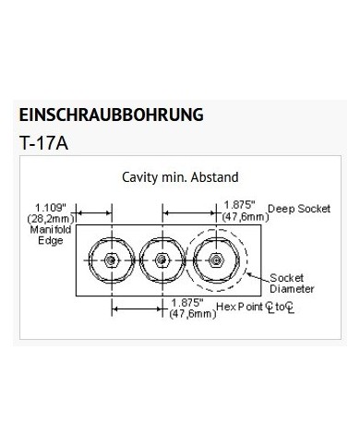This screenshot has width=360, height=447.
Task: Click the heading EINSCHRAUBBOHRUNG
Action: pyautogui.click(x=111, y=115)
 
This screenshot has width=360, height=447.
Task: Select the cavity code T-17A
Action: pyautogui.click(x=43, y=143)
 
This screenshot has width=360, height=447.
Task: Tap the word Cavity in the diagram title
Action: pyautogui.click(x=139, y=177)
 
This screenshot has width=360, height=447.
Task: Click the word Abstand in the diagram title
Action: pyautogui.click(x=214, y=177)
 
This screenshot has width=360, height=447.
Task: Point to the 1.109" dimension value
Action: pyautogui.click(x=51, y=208)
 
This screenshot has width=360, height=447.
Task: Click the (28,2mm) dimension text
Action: pyautogui.click(x=51, y=219)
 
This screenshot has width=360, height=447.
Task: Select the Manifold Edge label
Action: pyautogui.click(x=51, y=235)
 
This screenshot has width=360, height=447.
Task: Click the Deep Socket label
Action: pyautogui.click(x=299, y=209)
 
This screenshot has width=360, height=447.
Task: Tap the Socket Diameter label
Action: pyautogui.click(x=292, y=284)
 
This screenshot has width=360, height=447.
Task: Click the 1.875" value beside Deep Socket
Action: pyautogui.click(x=240, y=205)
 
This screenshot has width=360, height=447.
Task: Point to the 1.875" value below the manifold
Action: pyautogui.click(x=187, y=303)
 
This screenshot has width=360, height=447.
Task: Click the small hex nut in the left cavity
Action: pyautogui.click(x=111, y=260)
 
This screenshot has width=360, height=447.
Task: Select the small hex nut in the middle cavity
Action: pyautogui.click(x=162, y=260)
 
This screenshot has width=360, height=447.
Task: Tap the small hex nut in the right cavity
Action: pyautogui.click(x=216, y=260)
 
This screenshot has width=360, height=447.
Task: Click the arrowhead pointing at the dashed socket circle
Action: pyautogui.click(x=249, y=273)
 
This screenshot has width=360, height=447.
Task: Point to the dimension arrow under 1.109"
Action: pyautogui.click(x=93, y=212)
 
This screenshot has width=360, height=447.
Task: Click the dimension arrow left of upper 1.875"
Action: pyautogui.click(x=189, y=212)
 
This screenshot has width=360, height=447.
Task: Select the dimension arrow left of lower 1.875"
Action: pyautogui.click(x=137, y=308)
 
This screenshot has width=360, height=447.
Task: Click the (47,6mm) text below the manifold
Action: pyautogui.click(x=193, y=314)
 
